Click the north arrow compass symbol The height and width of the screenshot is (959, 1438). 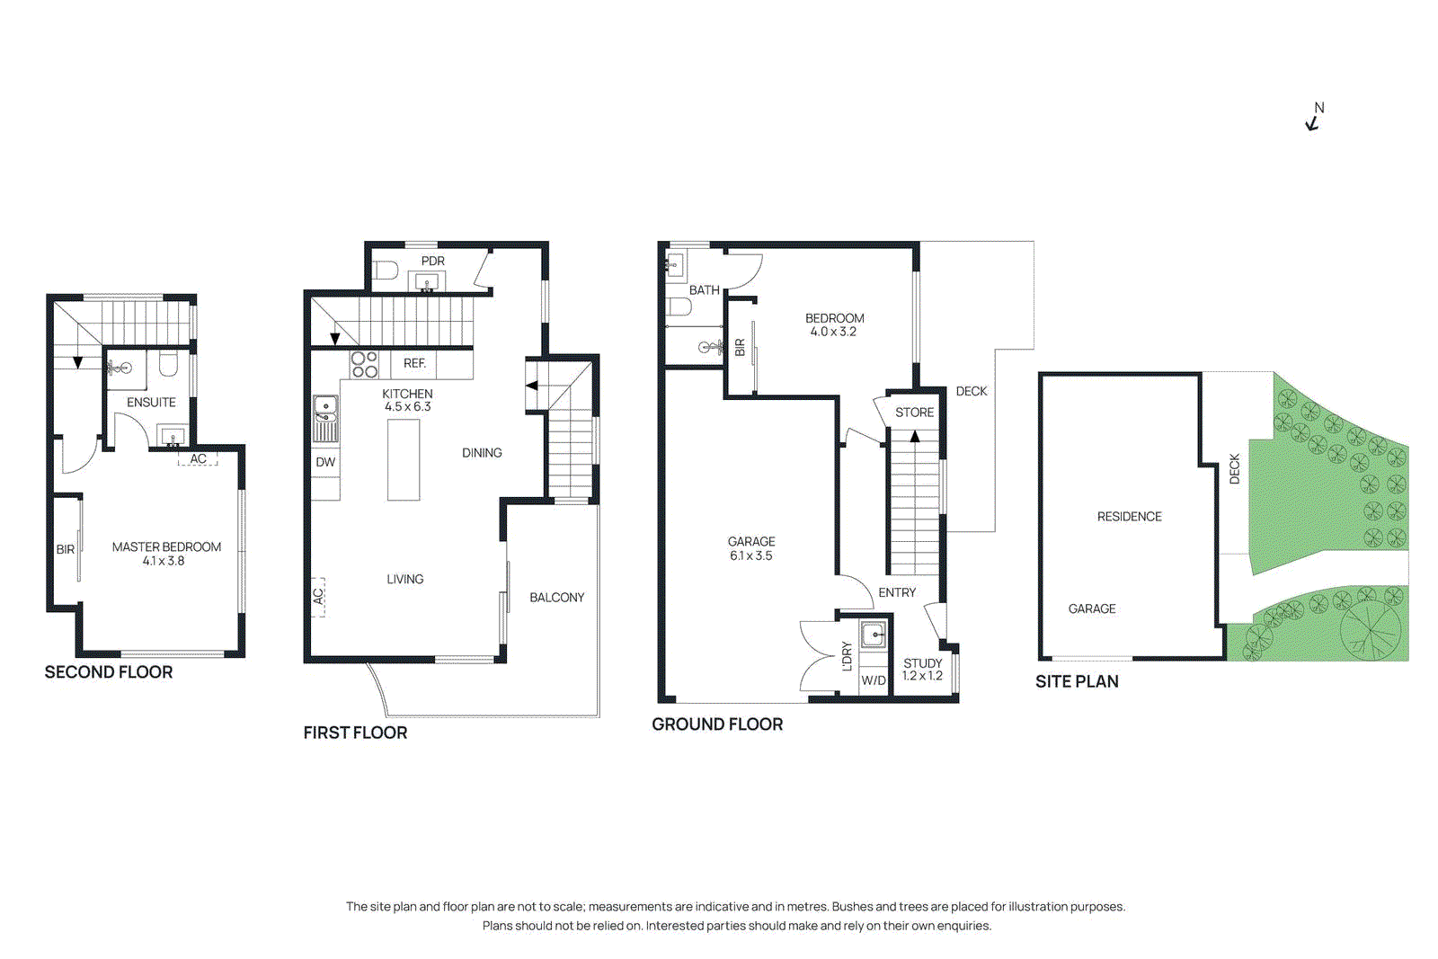tap(1314, 119)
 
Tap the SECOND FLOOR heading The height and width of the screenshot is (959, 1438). tap(109, 672)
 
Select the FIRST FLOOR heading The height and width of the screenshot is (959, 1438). tap(355, 733)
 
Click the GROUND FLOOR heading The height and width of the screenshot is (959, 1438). tap(717, 724)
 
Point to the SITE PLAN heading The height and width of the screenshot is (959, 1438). tap(1077, 681)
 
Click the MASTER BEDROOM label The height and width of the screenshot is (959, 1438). tap(166, 546)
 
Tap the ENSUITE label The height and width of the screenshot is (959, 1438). tap(151, 402)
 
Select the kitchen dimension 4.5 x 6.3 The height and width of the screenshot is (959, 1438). tap(408, 407)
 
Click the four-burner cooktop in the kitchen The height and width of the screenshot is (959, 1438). tap(364, 364)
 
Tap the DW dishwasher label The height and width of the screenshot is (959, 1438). tap(325, 462)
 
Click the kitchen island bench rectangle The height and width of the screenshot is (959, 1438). tap(404, 459)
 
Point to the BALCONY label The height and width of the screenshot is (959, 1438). tap(556, 597)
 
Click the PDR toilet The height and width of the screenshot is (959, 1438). tap(386, 270)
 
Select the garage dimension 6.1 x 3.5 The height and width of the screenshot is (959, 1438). tap(751, 555)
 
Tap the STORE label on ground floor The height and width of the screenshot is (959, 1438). tap(914, 412)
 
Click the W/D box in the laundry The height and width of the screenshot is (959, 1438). tap(874, 680)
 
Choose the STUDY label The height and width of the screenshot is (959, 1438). tap(922, 662)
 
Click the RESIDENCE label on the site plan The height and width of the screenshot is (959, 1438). tap(1129, 516)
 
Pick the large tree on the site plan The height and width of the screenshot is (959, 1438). tap(1371, 627)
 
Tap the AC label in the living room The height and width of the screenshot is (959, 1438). tap(318, 596)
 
